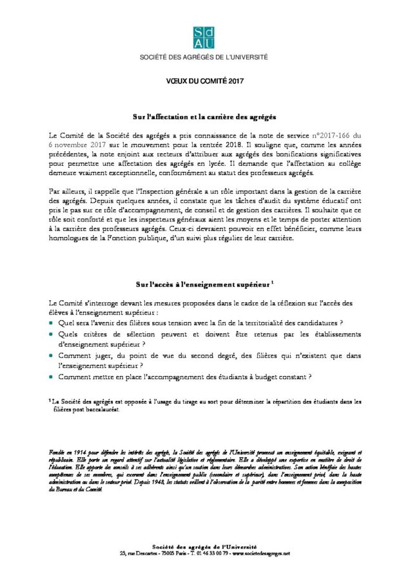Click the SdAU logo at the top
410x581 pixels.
click(x=204, y=37)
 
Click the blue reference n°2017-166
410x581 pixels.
click(x=336, y=135)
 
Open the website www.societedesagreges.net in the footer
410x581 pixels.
click(x=261, y=553)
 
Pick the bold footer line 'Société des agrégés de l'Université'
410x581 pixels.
click(x=204, y=547)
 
